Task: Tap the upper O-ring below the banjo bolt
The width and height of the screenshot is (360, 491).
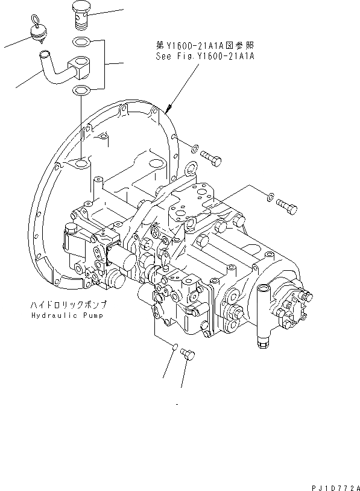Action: [80, 42]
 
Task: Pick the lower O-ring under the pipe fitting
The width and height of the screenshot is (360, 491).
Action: [80, 90]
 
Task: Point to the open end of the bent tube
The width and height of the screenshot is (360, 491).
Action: [44, 56]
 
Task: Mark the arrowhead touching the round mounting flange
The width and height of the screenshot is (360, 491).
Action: [167, 111]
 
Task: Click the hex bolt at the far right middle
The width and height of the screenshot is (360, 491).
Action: [288, 206]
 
